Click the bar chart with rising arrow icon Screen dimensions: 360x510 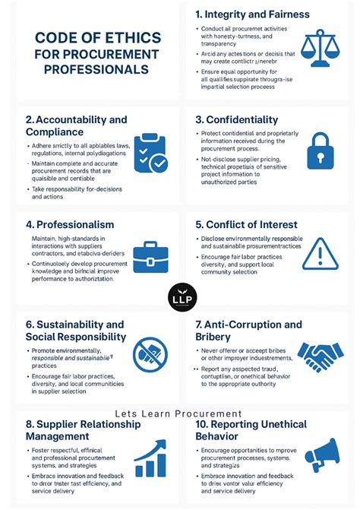tap(151, 458)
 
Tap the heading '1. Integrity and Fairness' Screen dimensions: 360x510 tap(252, 14)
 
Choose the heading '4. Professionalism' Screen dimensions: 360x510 tap(70, 224)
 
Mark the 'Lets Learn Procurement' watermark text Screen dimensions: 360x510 tap(179, 414)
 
